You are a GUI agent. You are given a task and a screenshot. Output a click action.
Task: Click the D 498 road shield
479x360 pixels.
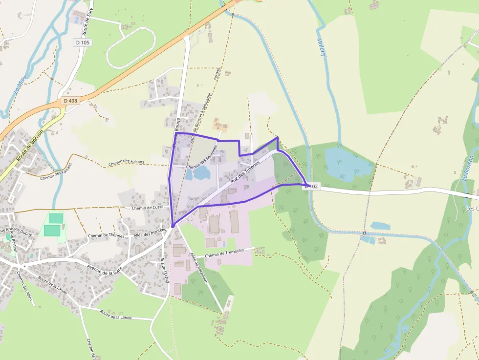pyautogui.click(x=70, y=101)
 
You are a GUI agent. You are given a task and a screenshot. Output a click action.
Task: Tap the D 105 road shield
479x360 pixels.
pyautogui.click(x=83, y=42)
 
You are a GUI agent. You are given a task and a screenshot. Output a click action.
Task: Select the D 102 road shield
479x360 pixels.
pyautogui.click(x=312, y=187)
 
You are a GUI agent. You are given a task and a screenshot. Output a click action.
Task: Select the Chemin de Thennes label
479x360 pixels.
pyautogui.click(x=106, y=235)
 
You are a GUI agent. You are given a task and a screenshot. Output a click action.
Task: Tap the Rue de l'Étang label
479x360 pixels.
pyautogui.click(x=164, y=270)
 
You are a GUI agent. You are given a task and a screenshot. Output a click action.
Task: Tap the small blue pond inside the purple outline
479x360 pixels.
pyautogui.click(x=201, y=172)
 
